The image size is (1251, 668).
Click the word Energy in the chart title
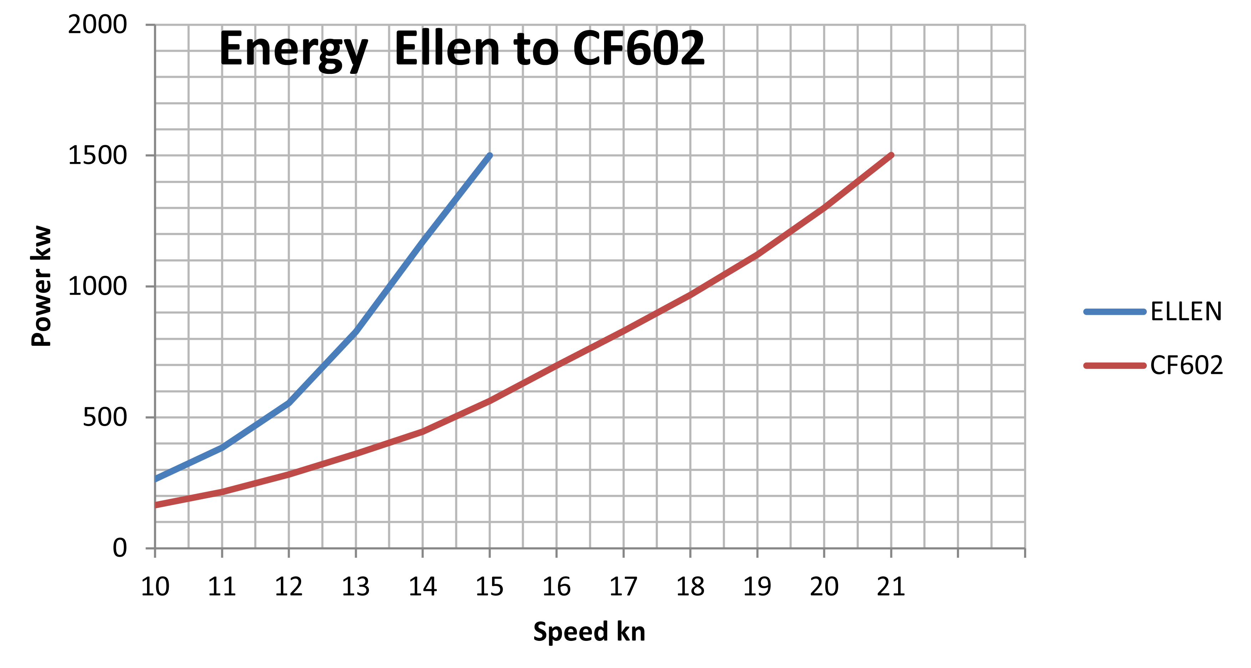point(293,49)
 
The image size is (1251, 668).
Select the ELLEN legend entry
point(1185,312)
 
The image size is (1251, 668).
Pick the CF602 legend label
point(1186,365)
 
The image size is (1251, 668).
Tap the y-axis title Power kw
point(41,286)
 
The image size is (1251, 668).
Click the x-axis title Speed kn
point(589,632)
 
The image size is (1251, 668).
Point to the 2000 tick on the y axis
point(97,24)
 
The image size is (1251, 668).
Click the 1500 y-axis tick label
point(97,156)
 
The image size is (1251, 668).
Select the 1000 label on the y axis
point(97,286)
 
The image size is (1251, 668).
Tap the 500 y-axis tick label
point(105,417)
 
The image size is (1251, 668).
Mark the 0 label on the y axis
point(120,548)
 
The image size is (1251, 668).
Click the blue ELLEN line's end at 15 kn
point(490,156)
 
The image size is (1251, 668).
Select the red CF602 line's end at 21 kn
point(891,156)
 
